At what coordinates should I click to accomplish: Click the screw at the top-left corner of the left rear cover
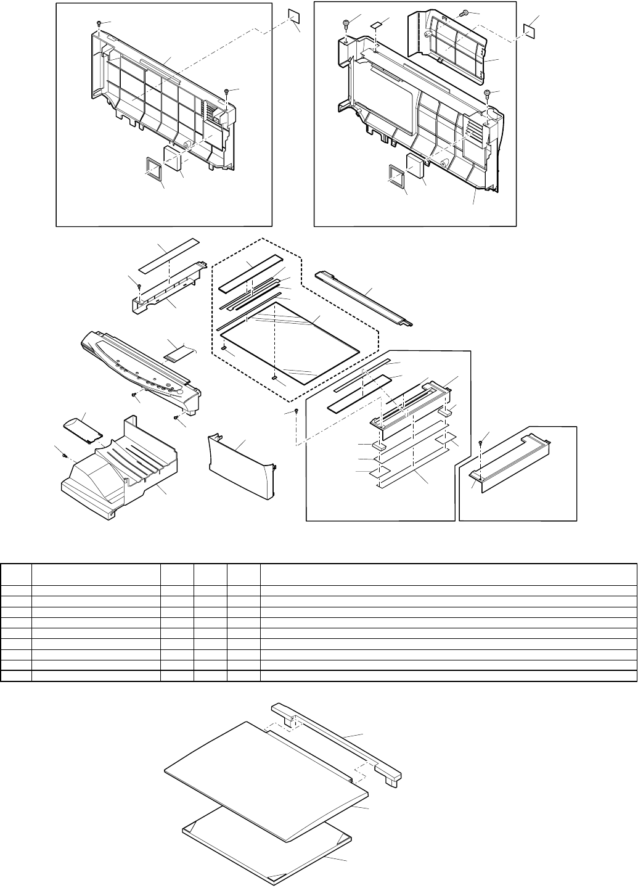99,23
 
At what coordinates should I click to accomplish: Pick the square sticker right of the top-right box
529,30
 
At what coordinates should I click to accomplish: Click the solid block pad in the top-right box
415,164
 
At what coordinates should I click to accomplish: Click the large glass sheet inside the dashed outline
290,342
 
